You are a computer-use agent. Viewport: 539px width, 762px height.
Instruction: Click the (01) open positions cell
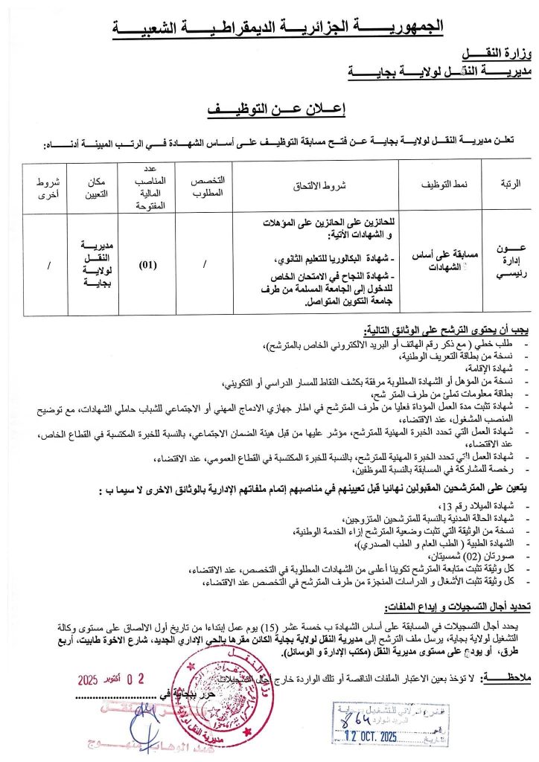tap(152, 263)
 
